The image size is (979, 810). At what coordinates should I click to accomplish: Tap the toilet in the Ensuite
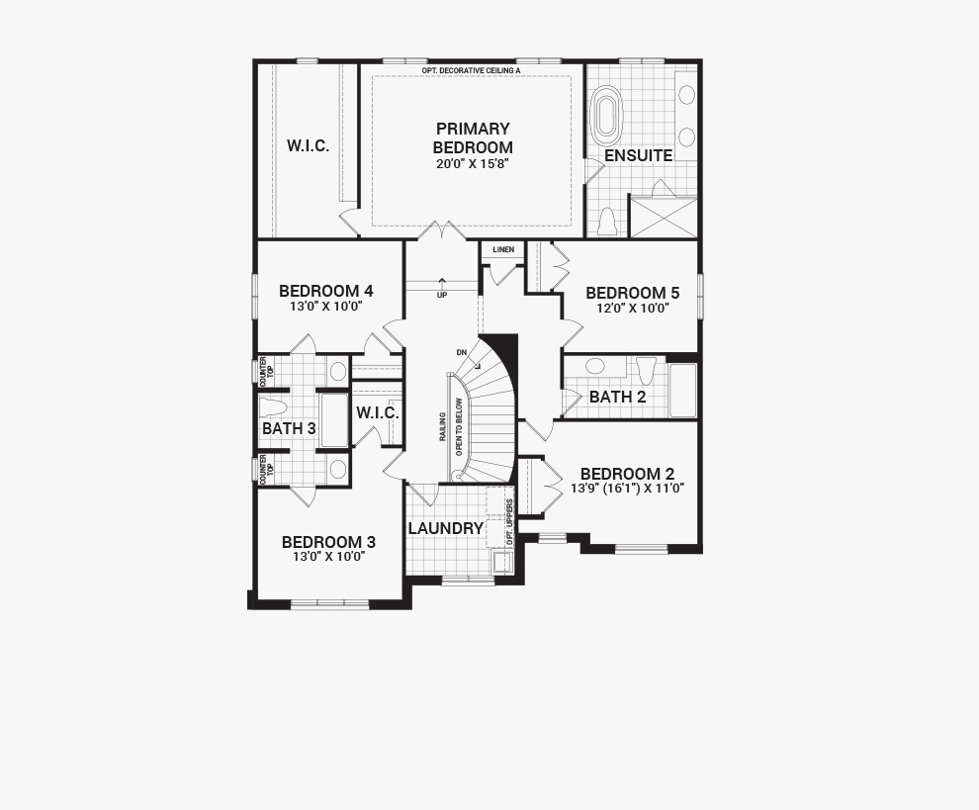[607, 222]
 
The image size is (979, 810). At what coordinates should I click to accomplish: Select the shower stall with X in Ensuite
[664, 217]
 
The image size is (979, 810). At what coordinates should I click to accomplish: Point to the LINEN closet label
[503, 250]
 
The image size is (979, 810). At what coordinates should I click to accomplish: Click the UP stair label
[442, 295]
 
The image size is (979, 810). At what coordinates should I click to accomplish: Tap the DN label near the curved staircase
[462, 352]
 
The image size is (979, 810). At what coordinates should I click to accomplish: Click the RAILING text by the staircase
[442, 426]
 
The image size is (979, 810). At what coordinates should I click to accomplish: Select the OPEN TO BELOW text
[459, 426]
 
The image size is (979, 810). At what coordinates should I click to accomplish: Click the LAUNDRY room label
[446, 528]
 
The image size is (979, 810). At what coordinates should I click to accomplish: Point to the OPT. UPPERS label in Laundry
[509, 522]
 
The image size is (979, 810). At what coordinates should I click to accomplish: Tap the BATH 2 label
[617, 397]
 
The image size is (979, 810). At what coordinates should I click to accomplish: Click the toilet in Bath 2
[646, 369]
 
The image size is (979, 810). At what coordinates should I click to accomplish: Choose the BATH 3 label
[289, 428]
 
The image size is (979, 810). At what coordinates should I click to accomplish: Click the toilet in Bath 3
[273, 407]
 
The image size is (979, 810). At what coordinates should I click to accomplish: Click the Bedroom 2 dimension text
[628, 489]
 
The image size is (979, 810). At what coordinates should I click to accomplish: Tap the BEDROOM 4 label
[326, 291]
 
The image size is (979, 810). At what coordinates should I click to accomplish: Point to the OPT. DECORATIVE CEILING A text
[471, 71]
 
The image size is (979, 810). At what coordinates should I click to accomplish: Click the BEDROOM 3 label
[328, 542]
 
